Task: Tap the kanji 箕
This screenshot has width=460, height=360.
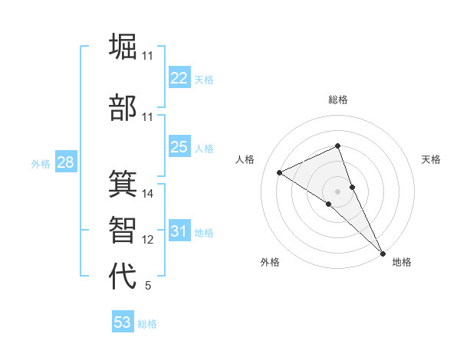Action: coord(123,184)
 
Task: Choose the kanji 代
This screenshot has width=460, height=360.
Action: coord(123,276)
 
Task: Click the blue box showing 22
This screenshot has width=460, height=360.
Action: coord(179,78)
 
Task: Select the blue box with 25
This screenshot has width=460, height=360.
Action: coord(179,147)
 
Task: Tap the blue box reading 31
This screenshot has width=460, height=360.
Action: coord(179,231)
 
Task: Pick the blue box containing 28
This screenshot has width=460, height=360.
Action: coord(64,162)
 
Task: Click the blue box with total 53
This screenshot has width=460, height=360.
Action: coord(123,322)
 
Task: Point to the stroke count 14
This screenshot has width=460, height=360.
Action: coord(148,194)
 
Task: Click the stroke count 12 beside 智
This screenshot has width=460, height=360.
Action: coord(148,240)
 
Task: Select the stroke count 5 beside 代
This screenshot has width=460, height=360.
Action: coord(148,286)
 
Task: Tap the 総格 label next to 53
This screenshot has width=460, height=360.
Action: coord(147,324)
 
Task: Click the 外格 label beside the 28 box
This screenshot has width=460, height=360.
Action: coord(40,164)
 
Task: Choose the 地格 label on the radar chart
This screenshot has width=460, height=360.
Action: coord(402,262)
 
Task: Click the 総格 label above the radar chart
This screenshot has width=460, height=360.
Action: coord(338,100)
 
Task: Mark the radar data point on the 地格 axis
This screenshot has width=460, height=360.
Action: coord(383,252)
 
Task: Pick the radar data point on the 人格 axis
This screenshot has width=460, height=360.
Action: coord(280,172)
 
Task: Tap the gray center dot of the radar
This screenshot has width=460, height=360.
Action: coord(337,191)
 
